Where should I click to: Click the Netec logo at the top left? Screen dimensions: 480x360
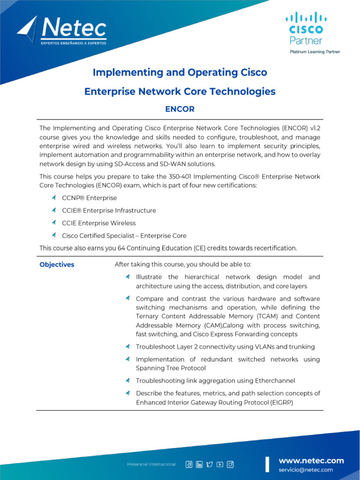coord(62,31)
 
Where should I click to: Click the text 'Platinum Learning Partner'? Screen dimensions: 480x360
coord(315,52)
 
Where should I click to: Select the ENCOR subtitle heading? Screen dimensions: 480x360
coord(180,109)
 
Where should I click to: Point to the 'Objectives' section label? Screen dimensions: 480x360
coord(57,264)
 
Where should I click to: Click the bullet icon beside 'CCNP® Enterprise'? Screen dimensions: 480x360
coord(54,198)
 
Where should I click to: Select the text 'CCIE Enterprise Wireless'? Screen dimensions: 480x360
coord(98,223)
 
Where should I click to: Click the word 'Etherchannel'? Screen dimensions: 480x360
coord(274,381)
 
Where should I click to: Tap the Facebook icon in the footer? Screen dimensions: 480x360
coord(189,464)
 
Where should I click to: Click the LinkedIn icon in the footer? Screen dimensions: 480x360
coord(199,464)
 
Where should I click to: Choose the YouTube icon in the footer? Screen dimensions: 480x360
coord(220,464)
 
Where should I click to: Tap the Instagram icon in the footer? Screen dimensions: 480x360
coord(230,464)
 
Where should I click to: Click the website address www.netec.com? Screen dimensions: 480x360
coord(311,461)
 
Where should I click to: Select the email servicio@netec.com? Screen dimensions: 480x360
coord(306,470)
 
